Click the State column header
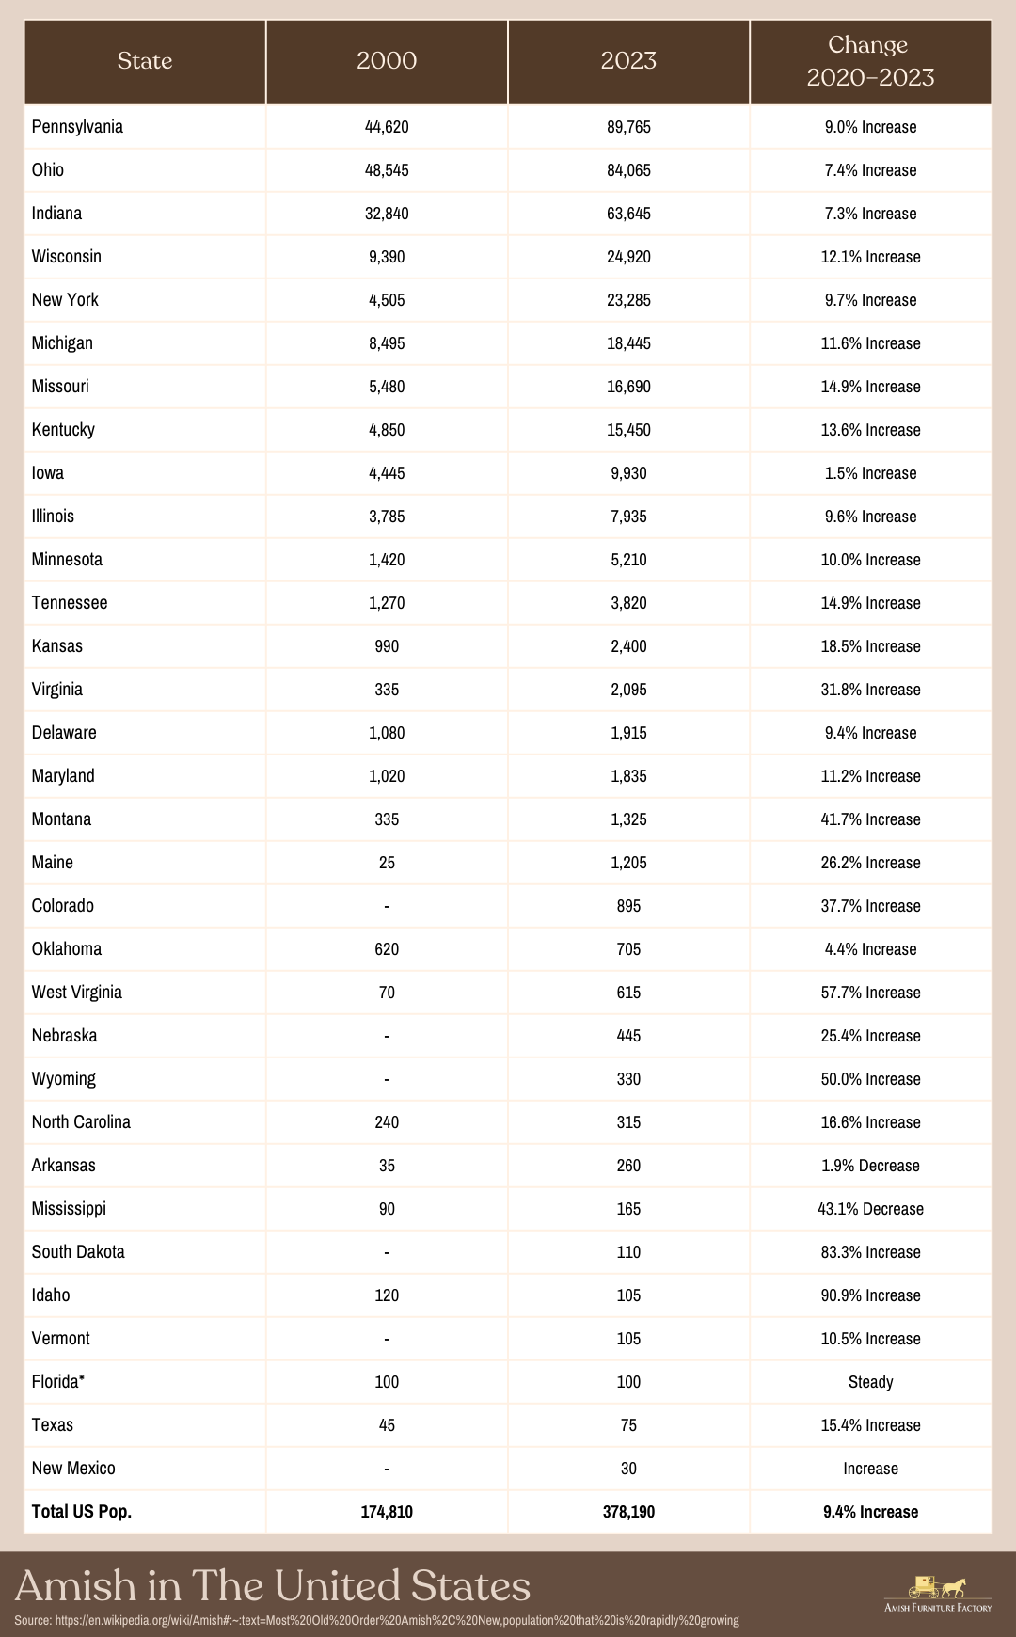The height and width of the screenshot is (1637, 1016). (x=145, y=61)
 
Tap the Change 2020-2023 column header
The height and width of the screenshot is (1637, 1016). (x=870, y=61)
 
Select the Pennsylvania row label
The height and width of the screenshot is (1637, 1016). (x=77, y=127)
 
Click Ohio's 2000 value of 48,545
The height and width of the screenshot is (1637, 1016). (x=387, y=170)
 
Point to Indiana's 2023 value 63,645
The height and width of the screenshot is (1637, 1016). (x=628, y=214)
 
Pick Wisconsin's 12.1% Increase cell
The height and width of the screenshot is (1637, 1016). (x=870, y=257)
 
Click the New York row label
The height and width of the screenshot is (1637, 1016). (x=65, y=300)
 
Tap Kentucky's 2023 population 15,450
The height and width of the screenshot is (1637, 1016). (x=628, y=430)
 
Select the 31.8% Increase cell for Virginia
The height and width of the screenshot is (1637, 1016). (x=870, y=690)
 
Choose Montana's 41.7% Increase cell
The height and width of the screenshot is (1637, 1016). (x=870, y=819)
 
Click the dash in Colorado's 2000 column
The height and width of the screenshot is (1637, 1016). (x=387, y=906)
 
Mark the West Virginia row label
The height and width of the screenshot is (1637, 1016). (x=77, y=993)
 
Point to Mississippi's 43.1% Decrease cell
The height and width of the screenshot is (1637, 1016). (x=870, y=1209)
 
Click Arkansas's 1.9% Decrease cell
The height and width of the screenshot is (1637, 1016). (x=870, y=1166)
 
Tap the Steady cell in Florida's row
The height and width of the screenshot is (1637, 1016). (x=870, y=1382)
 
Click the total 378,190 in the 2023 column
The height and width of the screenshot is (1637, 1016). (x=628, y=1512)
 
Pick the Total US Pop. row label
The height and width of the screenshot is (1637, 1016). (x=82, y=1512)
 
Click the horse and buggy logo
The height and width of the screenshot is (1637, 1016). (x=937, y=1587)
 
